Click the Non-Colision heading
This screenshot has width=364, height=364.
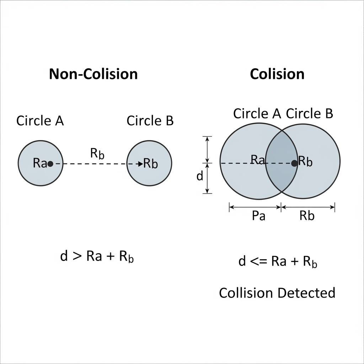coord(93,74)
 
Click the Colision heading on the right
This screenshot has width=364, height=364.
coord(277,74)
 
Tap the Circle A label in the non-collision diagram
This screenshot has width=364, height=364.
coord(40,121)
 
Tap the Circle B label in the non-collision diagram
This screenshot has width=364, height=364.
coord(150,121)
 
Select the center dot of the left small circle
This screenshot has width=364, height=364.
coord(50,164)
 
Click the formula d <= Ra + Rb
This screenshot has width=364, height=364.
coord(278,262)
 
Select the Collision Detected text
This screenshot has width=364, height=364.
coord(277,293)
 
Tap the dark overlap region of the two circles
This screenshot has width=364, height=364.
coord(281,174)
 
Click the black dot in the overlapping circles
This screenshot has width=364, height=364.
coord(294,163)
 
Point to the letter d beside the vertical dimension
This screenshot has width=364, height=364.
coord(200,176)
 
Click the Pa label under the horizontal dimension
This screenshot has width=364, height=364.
coord(258,216)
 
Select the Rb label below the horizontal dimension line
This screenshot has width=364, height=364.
coord(307,216)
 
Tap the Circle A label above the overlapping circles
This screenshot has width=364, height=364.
coord(257,114)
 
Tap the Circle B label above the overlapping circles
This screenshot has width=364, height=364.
coord(309,114)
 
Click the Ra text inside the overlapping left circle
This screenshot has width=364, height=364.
coord(258,160)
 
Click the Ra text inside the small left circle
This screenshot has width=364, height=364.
coord(40,164)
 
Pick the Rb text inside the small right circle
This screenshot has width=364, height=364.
coord(151,164)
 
